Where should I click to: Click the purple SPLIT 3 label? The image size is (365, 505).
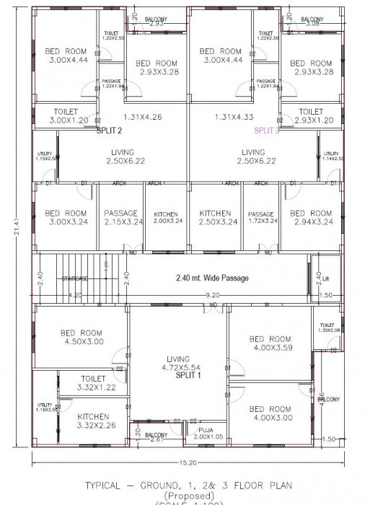[265, 131]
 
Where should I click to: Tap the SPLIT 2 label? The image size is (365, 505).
[109, 131]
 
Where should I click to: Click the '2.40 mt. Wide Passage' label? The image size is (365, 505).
[212, 278]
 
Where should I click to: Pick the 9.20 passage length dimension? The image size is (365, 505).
[213, 295]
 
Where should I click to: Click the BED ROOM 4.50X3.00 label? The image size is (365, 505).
[82, 337]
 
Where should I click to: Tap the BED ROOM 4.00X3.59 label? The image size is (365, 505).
[271, 343]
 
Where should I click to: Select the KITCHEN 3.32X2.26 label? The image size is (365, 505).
[93, 421]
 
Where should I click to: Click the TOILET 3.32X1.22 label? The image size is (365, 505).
[93, 382]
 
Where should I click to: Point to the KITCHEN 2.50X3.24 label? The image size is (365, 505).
[215, 217]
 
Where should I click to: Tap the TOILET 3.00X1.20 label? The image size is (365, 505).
[70, 116]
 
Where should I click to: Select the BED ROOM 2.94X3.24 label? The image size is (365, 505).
[311, 217]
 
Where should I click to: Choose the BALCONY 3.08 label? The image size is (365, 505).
[312, 21]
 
